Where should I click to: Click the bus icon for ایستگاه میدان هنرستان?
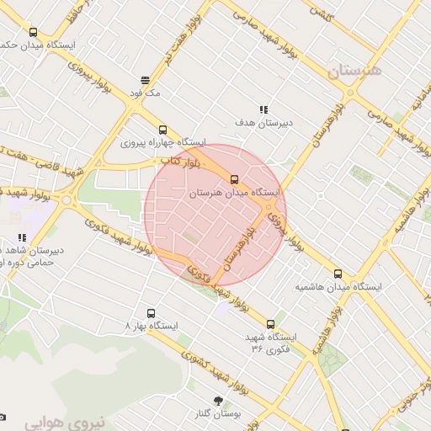tap(235, 178)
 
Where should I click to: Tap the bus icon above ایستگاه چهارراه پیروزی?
tap(163, 130)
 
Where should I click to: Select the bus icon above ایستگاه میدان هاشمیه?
tap(338, 274)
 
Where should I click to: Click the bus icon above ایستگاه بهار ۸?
tap(151, 311)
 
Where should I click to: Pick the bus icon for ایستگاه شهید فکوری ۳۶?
tap(270, 323)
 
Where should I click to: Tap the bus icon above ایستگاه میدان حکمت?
tap(33, 30)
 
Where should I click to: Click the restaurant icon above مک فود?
tap(146, 80)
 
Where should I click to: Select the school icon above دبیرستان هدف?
tap(263, 109)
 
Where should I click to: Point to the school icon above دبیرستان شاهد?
tap(22, 238)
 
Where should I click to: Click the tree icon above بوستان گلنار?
tap(219, 402)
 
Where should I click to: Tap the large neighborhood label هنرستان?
tap(354, 72)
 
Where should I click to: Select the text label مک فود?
tap(146, 92)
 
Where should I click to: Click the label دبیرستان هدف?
tap(263, 123)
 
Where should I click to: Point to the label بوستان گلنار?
tap(223, 415)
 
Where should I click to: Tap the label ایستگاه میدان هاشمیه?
tap(338, 287)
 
